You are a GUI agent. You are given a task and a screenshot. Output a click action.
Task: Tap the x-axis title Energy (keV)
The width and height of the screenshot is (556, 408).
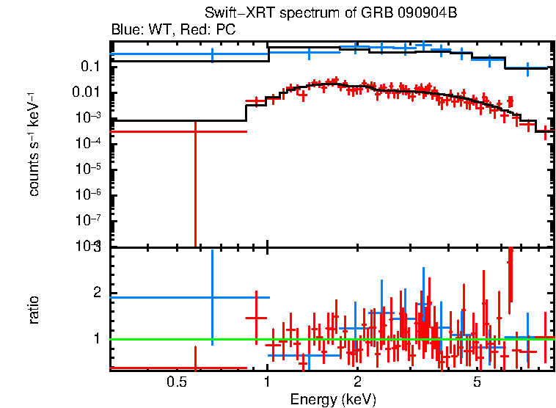[333, 399]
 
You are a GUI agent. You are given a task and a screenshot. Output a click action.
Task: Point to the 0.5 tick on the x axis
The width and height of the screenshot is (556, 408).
[175, 382]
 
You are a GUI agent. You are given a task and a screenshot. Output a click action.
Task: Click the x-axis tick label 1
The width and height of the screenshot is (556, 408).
[267, 382]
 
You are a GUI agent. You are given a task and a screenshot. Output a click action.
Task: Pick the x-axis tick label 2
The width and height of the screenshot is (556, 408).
[357, 382]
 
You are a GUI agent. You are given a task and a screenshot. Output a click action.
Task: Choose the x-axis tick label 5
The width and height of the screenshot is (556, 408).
[477, 382]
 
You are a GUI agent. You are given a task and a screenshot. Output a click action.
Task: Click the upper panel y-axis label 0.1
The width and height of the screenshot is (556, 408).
[91, 67]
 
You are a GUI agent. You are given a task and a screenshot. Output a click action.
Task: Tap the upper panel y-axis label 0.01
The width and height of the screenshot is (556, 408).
[88, 92]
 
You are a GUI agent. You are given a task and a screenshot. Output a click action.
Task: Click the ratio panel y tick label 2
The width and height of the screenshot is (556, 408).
[95, 293]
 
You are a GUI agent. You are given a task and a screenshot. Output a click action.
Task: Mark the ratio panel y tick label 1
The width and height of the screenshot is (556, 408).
[95, 339]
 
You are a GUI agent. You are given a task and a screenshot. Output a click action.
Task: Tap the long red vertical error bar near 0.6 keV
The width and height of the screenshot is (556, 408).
[195, 191]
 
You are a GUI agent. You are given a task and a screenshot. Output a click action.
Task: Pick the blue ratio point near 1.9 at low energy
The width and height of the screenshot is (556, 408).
[212, 297]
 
